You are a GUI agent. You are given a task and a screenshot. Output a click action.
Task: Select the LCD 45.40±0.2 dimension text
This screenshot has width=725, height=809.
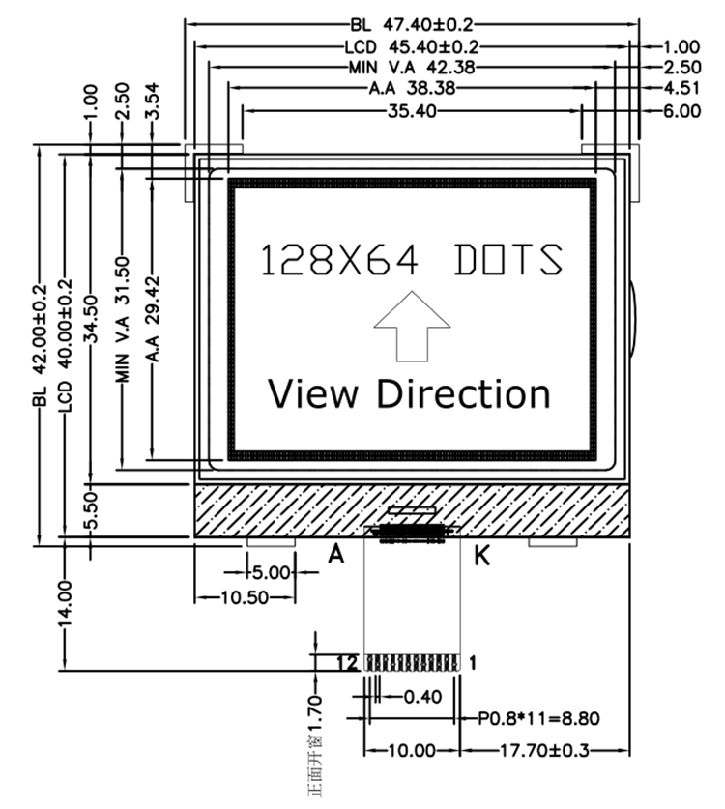412,46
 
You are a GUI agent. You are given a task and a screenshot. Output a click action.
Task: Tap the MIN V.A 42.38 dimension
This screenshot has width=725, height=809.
412,68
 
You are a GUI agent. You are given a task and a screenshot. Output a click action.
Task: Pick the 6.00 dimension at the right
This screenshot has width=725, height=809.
681,111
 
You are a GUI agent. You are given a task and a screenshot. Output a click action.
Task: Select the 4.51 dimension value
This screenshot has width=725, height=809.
681,89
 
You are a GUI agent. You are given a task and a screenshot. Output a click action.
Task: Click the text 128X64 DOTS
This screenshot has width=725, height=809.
412,260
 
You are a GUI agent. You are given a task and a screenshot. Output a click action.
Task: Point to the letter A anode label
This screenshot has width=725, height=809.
337,555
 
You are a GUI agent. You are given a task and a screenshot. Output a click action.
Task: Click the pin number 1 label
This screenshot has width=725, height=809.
473,663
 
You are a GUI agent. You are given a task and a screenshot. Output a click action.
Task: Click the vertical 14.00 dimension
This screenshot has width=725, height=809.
65,603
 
